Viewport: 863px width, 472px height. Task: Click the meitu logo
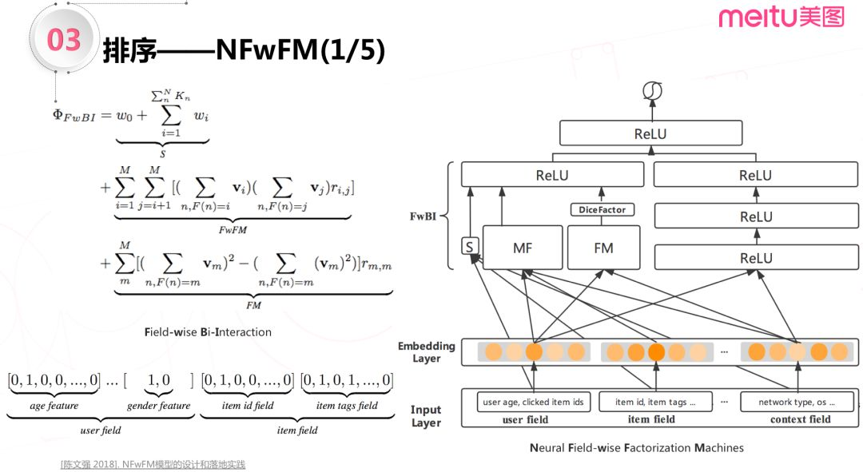coord(780,17)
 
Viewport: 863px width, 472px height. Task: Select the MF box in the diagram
coord(522,248)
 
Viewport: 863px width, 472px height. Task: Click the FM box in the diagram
coord(604,248)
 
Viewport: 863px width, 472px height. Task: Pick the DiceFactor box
coord(603,210)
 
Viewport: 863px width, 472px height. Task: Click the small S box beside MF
coord(470,247)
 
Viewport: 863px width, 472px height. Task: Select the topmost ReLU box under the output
coord(650,133)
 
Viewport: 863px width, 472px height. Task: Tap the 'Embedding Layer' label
coord(427,352)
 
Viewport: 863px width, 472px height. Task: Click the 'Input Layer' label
coord(426,415)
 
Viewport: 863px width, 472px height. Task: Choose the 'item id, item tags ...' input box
coord(650,403)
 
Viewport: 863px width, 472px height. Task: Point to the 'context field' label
coord(800,420)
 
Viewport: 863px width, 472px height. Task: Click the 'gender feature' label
coord(158,406)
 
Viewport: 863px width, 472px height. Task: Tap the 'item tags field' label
coord(347,406)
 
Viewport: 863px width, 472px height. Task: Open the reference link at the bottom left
coord(153,464)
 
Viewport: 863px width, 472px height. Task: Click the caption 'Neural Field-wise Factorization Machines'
coord(636,448)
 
